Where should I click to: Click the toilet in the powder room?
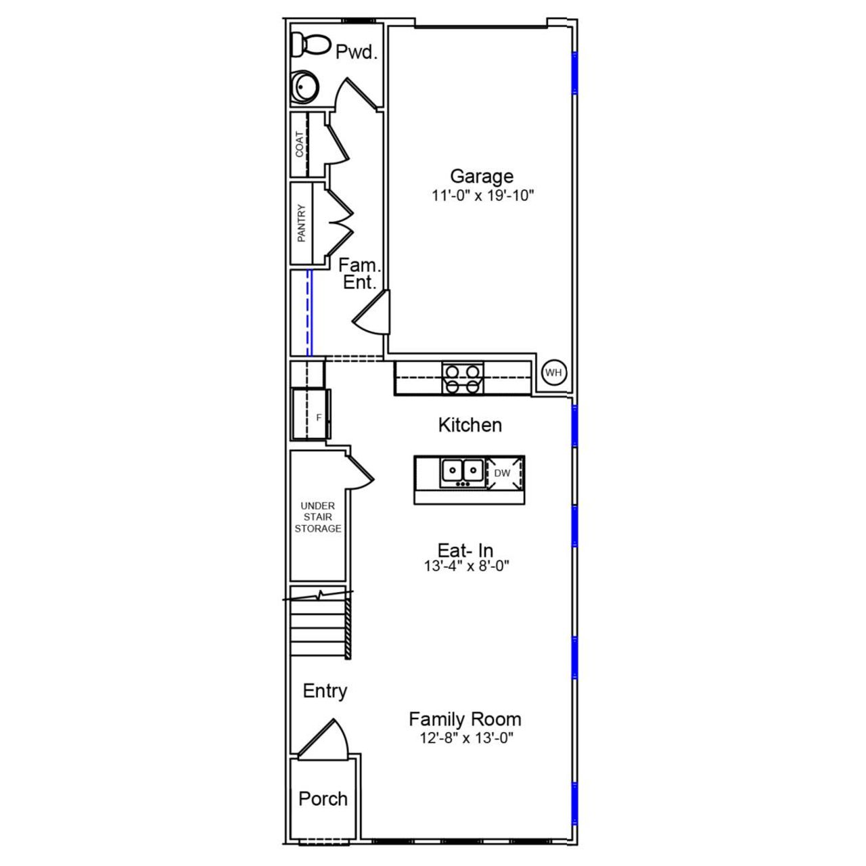pyautogui.click(x=308, y=45)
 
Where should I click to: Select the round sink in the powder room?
pyautogui.click(x=304, y=87)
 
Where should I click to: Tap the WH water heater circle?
pyautogui.click(x=553, y=373)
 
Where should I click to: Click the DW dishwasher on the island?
pyautogui.click(x=502, y=473)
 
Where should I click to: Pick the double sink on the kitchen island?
pyautogui.click(x=461, y=470)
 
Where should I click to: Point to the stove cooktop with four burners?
pyautogui.click(x=463, y=378)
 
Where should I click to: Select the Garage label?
pyautogui.click(x=482, y=177)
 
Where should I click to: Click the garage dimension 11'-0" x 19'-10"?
pyautogui.click(x=484, y=196)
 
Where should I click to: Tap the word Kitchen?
pyautogui.click(x=470, y=425)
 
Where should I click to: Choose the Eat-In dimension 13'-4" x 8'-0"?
pyautogui.click(x=466, y=566)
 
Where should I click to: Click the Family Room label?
pyautogui.click(x=465, y=719)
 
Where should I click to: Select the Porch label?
pyautogui.click(x=323, y=798)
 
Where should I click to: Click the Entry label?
pyautogui.click(x=325, y=691)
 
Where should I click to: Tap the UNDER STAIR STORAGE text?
pyautogui.click(x=317, y=517)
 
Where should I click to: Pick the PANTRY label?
pyautogui.click(x=301, y=223)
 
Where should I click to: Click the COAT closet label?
pyautogui.click(x=300, y=144)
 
